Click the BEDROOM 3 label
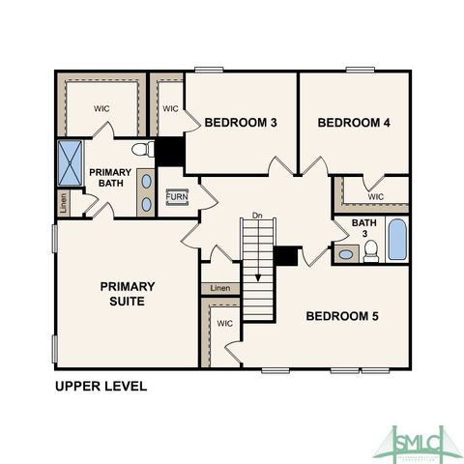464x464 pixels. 241,123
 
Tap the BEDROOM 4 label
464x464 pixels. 353,123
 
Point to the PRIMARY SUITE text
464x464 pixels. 127,294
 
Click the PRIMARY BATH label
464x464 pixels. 110,179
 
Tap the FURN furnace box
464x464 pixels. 177,197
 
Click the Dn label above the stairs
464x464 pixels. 257,214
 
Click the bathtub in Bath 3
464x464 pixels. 397,241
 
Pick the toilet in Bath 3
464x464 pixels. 370,251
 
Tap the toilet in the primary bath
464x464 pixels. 142,150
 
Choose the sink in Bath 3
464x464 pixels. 346,255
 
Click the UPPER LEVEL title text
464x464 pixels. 101,387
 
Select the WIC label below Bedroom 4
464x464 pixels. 376,197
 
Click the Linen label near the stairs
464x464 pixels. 220,288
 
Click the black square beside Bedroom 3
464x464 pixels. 170,151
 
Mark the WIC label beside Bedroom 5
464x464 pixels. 225,324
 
